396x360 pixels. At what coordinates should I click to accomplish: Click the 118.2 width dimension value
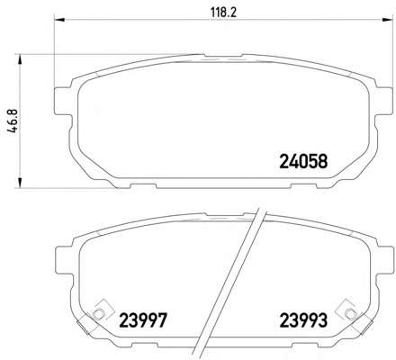coord(223,13)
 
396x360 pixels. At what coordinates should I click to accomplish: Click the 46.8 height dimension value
coord(13,121)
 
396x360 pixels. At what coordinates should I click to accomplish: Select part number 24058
coord(303,161)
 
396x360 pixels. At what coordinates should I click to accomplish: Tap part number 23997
coord(143,320)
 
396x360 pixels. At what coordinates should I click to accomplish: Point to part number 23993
coord(303,320)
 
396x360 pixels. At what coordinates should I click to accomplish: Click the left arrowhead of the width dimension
coord(59,20)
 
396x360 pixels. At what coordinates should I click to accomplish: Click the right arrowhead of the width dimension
coord(387,20)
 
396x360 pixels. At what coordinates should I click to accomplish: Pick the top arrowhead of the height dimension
coord(20,59)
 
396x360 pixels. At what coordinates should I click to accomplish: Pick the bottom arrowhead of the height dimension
coord(20,183)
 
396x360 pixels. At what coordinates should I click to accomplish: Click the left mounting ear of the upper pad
coord(64,101)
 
